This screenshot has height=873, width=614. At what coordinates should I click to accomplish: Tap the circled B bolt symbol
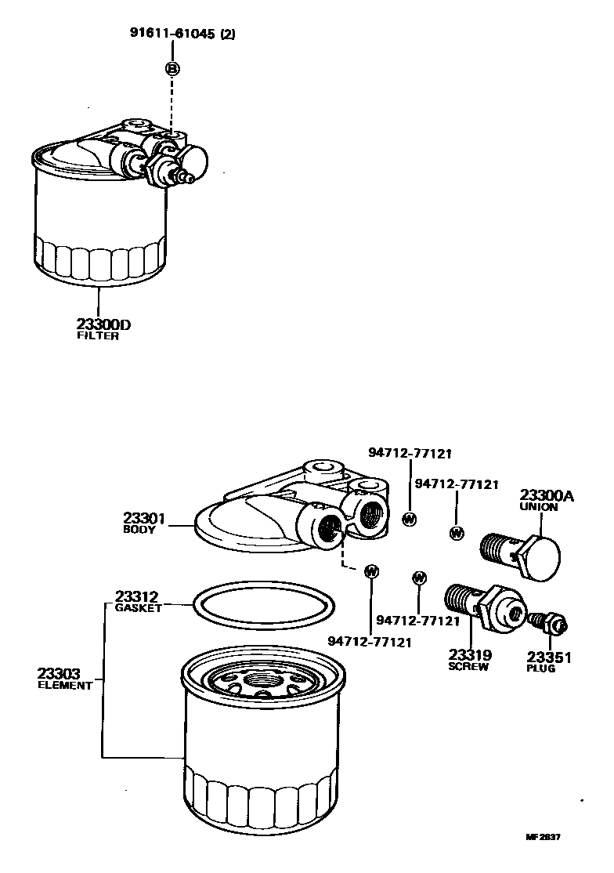tap(172, 69)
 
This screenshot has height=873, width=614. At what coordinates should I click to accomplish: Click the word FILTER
tap(98, 336)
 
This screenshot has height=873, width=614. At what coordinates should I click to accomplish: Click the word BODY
tap(139, 529)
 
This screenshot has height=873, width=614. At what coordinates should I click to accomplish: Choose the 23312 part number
tap(137, 596)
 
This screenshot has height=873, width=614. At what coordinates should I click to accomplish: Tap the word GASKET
tap(138, 607)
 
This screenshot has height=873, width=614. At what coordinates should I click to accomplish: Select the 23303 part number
tap(59, 673)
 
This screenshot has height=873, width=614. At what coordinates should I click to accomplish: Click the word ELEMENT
tap(65, 685)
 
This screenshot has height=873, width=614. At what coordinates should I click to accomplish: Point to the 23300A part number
tap(547, 495)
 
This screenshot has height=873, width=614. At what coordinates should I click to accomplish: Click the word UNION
tap(539, 507)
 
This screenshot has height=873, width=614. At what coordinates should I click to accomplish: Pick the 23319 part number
tap(470, 655)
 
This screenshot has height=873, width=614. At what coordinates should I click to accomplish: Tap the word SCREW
tap(468, 667)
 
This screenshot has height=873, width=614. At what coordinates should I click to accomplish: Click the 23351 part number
tap(549, 657)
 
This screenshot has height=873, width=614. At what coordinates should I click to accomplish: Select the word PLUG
tap(541, 668)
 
